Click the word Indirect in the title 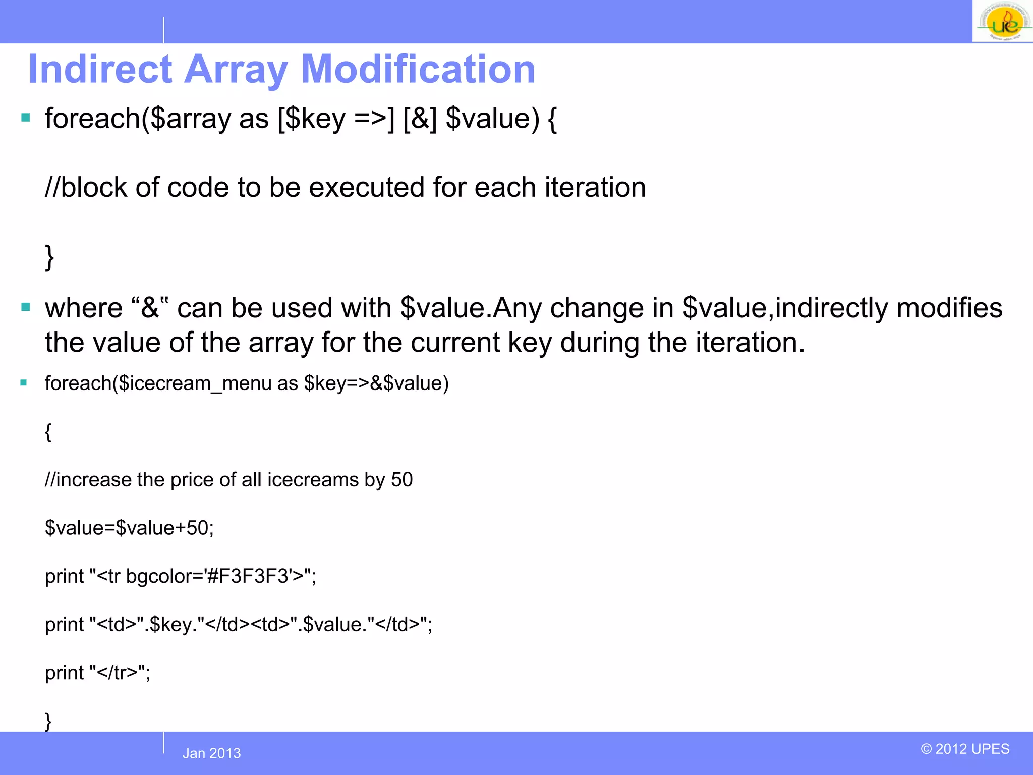[100, 69]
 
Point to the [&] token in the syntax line [420, 119]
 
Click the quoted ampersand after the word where [150, 308]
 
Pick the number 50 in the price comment [401, 479]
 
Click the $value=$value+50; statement [129, 528]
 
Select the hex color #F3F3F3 [247, 576]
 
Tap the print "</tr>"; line [97, 673]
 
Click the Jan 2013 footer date [211, 753]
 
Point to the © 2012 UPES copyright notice [965, 749]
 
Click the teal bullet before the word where [26, 307]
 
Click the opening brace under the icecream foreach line [48, 432]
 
